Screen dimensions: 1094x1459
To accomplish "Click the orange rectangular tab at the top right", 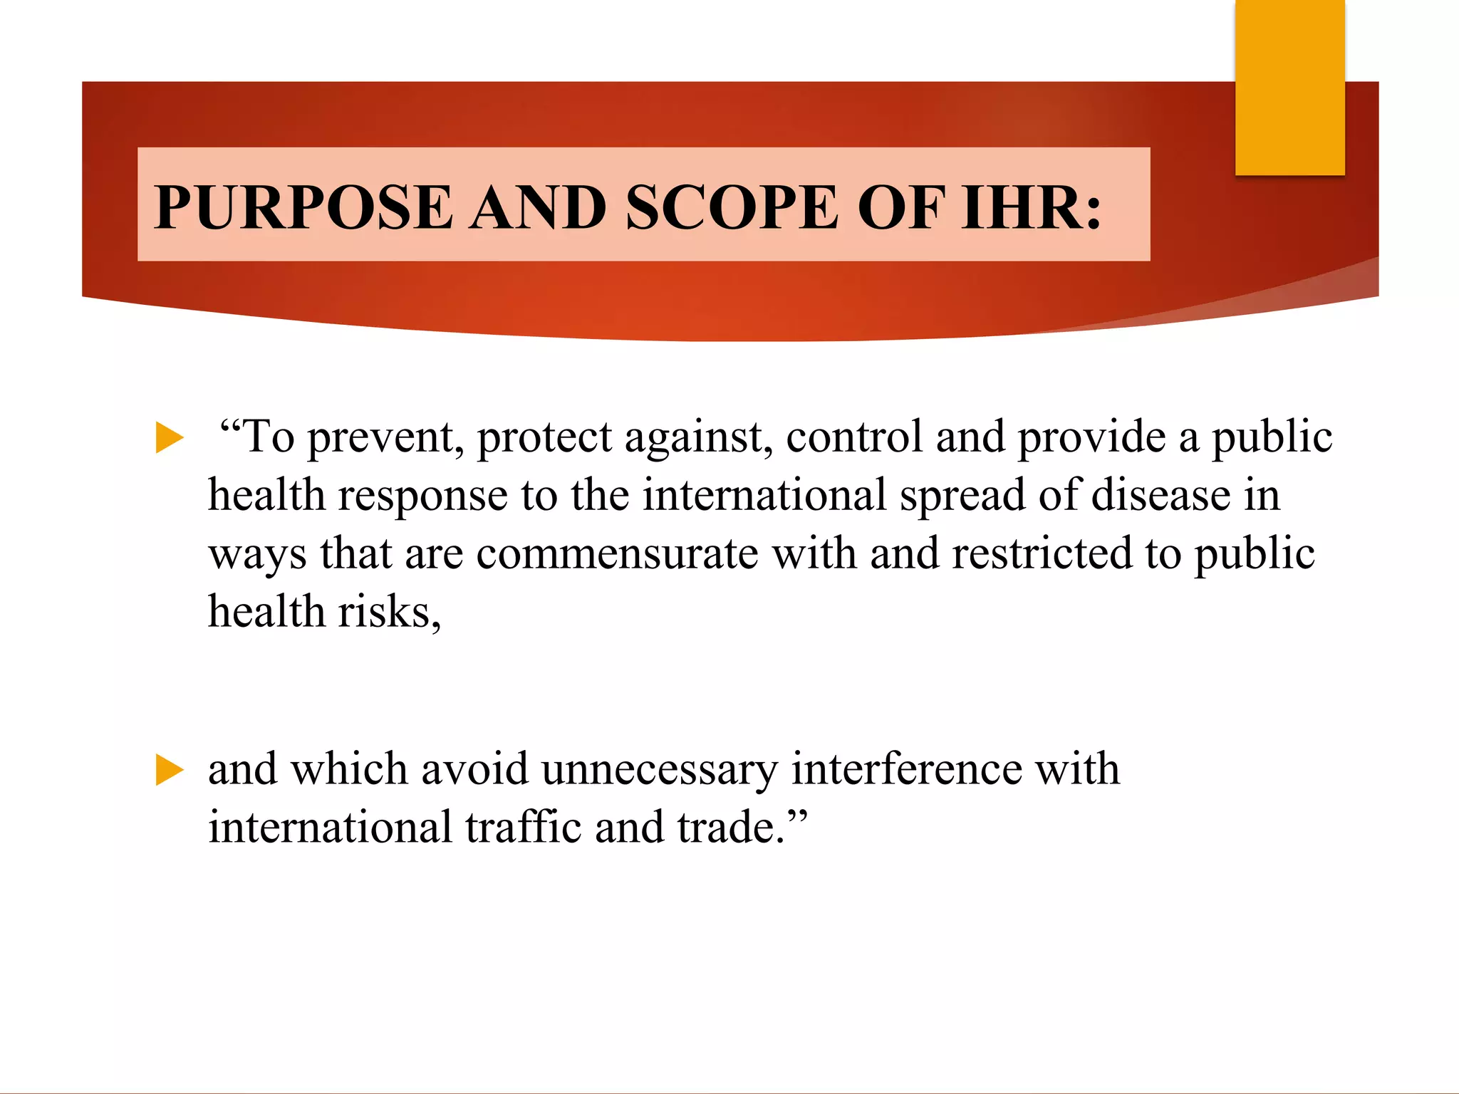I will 1289,87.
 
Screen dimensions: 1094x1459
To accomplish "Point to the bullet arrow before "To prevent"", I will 170,437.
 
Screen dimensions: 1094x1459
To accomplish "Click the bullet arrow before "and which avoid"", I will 170,771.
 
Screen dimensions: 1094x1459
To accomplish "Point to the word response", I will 422,496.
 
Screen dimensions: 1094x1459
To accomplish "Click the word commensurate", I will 617,554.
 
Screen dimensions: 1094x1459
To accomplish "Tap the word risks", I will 389,613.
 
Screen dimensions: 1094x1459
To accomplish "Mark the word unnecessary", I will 659,771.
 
